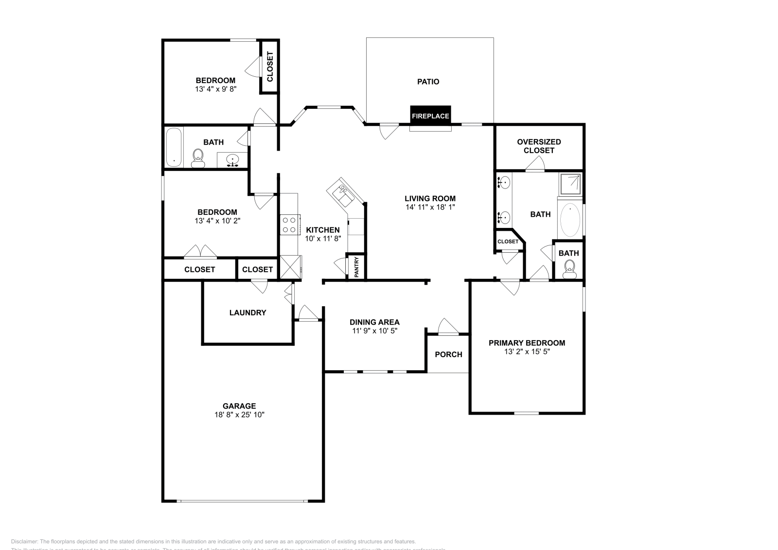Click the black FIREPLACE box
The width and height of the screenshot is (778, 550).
[430, 116]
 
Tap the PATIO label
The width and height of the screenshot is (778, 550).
[428, 82]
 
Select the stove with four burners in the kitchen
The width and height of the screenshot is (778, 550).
[289, 225]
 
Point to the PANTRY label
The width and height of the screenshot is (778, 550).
[356, 267]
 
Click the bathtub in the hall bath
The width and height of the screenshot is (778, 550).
[174, 147]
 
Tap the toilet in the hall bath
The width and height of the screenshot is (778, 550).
[198, 158]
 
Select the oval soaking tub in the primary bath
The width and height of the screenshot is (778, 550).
[570, 220]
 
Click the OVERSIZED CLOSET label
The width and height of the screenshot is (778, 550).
[539, 146]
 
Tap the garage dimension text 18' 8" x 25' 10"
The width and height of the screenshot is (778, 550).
[239, 415]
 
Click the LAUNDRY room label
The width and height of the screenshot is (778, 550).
[248, 312]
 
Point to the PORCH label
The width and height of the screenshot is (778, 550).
[448, 354]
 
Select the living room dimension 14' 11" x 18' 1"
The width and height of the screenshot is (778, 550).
[430, 207]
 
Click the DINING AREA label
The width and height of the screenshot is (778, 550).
[374, 322]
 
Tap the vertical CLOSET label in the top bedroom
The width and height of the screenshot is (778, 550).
[270, 66]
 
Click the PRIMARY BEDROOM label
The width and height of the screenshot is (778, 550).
[527, 343]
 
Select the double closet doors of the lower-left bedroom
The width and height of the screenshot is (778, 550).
[200, 251]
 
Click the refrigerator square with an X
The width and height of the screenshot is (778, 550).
[290, 267]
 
